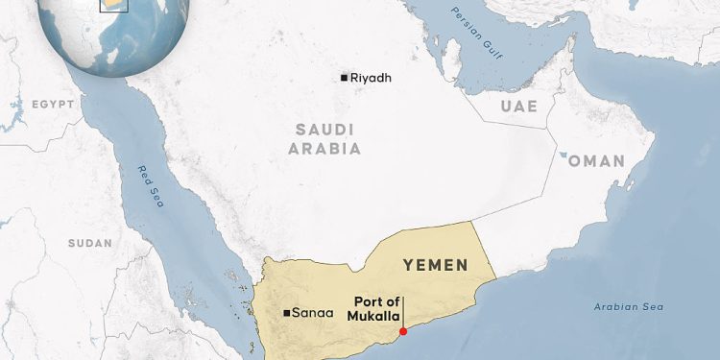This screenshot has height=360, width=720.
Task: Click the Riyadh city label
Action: [372, 78]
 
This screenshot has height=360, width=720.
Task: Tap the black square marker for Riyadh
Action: [345, 78]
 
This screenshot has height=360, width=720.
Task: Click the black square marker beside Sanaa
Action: [287, 313]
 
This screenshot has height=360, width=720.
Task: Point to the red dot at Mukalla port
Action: [403, 332]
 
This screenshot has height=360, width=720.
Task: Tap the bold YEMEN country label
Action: [435, 264]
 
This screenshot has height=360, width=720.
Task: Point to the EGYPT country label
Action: [52, 104]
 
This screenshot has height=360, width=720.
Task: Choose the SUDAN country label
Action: [90, 244]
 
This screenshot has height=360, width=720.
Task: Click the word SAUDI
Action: [324, 129]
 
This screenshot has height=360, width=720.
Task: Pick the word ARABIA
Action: [324, 149]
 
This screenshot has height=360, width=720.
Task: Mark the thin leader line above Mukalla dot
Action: [403, 313]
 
